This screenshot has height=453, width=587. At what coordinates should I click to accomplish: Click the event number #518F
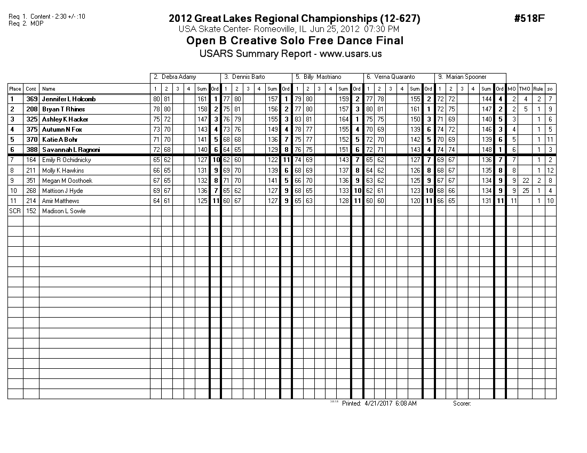pyautogui.click(x=529, y=19)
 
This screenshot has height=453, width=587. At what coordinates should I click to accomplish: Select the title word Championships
pyautogui.click(x=329, y=19)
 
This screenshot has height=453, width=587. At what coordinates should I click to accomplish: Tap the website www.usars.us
pyautogui.click(x=351, y=53)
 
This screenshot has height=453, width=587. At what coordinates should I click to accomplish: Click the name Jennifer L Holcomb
pyautogui.click(x=69, y=99)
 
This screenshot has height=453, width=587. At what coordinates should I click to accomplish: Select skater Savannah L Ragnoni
pyautogui.click(x=71, y=150)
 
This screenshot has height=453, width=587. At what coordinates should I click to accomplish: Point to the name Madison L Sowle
pyautogui.click(x=64, y=211)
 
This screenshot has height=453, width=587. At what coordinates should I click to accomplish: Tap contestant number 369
pyautogui.click(x=31, y=99)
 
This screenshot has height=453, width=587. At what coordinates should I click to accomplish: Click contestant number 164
pyautogui.click(x=31, y=160)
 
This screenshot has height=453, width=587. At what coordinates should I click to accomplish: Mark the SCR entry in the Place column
pyautogui.click(x=14, y=211)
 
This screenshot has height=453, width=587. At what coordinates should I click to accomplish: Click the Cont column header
pyautogui.click(x=31, y=89)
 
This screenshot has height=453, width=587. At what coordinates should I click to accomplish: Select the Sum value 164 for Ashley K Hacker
pyautogui.click(x=344, y=119)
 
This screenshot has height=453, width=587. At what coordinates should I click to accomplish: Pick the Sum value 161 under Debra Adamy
pyautogui.click(x=202, y=99)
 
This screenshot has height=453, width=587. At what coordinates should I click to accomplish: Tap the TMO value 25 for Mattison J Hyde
pyautogui.click(x=525, y=191)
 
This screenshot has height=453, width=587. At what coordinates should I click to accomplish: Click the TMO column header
pyautogui.click(x=525, y=89)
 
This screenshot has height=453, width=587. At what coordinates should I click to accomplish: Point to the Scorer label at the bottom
pyautogui.click(x=462, y=403)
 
